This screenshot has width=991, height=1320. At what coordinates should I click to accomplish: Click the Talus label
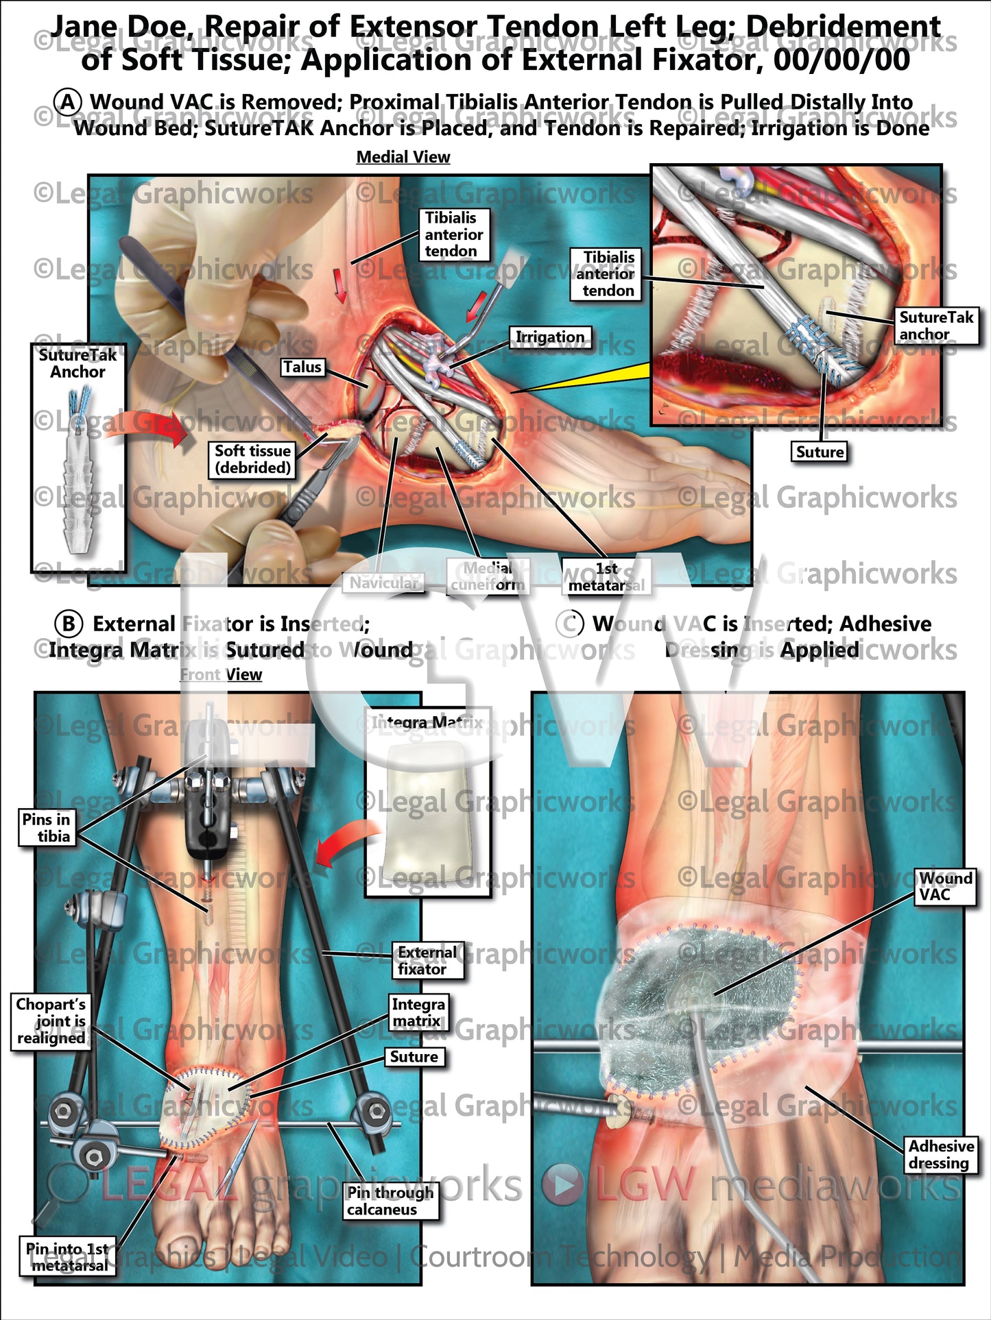[x=302, y=367]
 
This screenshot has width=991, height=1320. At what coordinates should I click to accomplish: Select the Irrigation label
[x=549, y=337]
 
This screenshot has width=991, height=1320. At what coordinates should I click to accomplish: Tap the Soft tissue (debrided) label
[x=252, y=459]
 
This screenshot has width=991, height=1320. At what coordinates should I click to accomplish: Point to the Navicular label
[x=383, y=583]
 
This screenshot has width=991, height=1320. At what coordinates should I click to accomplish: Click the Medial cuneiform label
[x=487, y=576]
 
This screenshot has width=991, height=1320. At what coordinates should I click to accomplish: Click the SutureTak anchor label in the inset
[x=935, y=326]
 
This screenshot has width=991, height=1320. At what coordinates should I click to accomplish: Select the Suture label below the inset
[x=820, y=452]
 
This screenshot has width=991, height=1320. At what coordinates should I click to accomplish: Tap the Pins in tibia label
[x=46, y=827]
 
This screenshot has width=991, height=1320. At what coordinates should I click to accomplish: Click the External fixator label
[x=427, y=961]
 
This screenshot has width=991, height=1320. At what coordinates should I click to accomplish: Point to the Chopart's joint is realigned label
[x=51, y=1021]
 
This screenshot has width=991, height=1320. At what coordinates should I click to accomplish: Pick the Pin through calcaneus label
[x=390, y=1201]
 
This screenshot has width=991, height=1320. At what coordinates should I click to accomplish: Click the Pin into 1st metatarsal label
[x=69, y=1257]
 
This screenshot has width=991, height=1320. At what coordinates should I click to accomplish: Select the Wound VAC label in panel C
[x=945, y=886]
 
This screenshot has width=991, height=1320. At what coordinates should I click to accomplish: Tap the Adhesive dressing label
[x=940, y=1154]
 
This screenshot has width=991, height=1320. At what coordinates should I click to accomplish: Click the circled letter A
[x=68, y=102]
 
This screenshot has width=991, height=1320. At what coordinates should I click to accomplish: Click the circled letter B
[x=68, y=624]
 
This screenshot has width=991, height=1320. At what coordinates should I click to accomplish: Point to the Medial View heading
[x=403, y=158]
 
